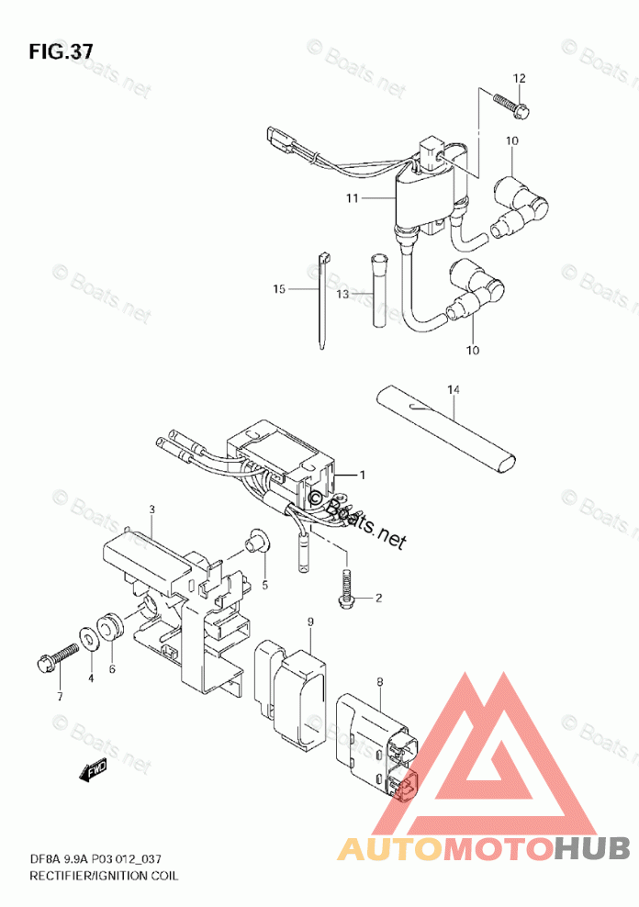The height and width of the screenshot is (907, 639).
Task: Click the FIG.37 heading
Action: tap(61, 50)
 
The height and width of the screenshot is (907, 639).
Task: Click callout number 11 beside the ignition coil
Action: tap(353, 198)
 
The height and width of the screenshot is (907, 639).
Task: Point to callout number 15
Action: tap(279, 289)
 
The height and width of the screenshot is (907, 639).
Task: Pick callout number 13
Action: tap(342, 295)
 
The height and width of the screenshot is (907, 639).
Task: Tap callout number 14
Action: tap(453, 391)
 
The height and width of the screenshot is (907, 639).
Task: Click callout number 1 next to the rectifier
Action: tap(363, 475)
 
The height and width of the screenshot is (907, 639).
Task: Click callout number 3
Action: tap(152, 509)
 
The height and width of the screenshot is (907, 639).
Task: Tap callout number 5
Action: tap(264, 585)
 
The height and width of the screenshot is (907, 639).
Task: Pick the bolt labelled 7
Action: tap(58, 658)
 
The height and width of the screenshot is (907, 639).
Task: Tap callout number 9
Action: tap(310, 623)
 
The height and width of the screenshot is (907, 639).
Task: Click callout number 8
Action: tap(378, 681)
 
